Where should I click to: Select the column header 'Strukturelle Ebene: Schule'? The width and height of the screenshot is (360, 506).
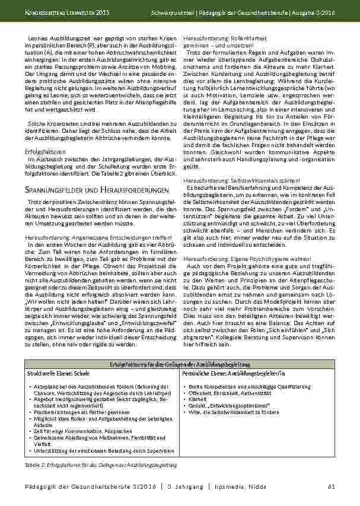58,374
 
